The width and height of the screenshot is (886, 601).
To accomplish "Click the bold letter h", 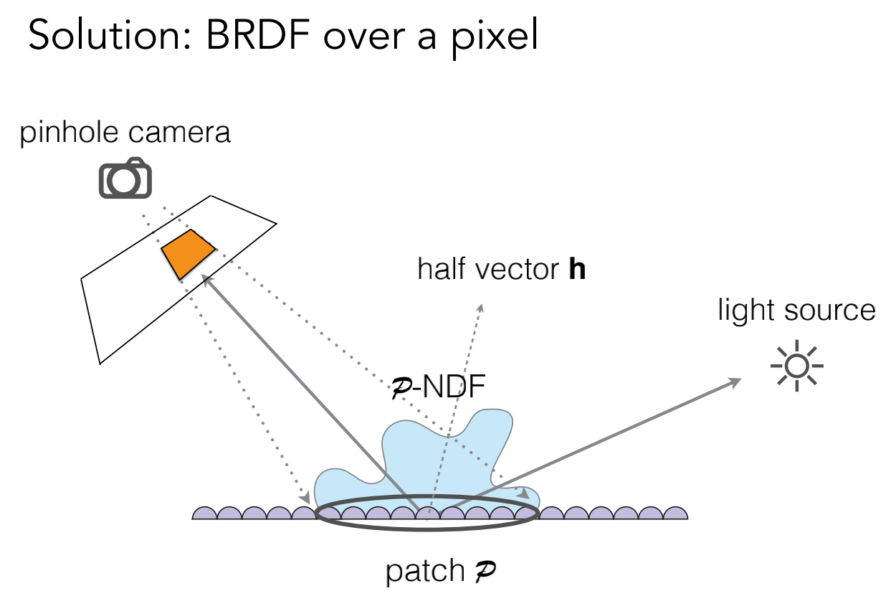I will (x=576, y=270).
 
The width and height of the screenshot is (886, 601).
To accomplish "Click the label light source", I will (x=796, y=311).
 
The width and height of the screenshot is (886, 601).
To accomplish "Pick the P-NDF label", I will (x=437, y=388).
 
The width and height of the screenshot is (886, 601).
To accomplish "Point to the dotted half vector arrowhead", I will (x=481, y=308).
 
